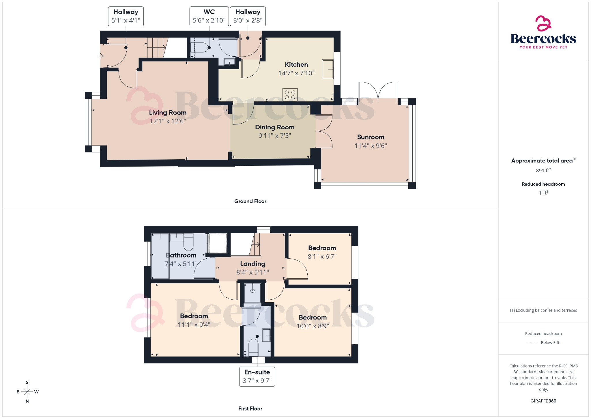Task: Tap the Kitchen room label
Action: click(296, 65)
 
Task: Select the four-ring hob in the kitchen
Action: click(290, 95)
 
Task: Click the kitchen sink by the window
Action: click(328, 69)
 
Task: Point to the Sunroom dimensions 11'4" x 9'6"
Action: click(371, 146)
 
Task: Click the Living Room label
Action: click(168, 113)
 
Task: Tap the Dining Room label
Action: click(274, 127)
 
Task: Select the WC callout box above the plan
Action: click(209, 16)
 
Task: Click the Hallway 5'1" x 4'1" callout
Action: click(126, 16)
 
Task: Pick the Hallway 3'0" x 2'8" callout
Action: click(248, 16)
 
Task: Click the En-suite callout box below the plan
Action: click(257, 376)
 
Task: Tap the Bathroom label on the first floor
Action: click(181, 255)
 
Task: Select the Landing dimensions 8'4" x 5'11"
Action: click(253, 272)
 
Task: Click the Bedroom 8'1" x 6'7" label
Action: click(322, 248)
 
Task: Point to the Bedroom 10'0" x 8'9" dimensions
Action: click(313, 326)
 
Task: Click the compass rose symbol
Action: click(27, 392)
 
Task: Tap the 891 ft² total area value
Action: click(543, 170)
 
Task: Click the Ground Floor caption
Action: click(250, 201)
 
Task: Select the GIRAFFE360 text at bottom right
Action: click(543, 401)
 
